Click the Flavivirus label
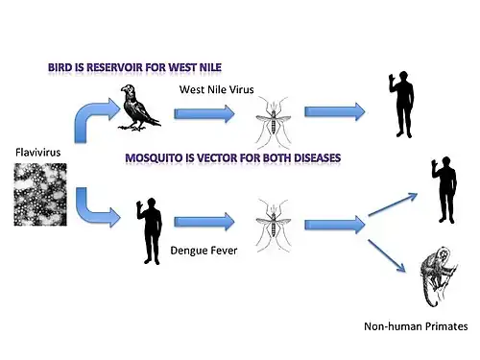coord(37,152)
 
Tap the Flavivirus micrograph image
coord(40,194)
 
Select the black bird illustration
coord(139,108)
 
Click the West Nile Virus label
coord(217,89)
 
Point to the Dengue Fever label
coord(204,251)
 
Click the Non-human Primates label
coord(416,326)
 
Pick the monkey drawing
coord(439,276)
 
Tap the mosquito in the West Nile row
coord(274,122)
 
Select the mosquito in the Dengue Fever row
coord(274,226)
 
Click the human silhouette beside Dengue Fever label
coord(150,231)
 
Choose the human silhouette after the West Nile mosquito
coord(402,105)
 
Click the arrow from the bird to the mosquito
coord(204,114)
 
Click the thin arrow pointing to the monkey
coord(387,256)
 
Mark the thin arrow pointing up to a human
coord(393,204)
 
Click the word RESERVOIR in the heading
coord(114,67)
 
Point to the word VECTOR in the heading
coord(216,158)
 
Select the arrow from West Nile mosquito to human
coord(335,112)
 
